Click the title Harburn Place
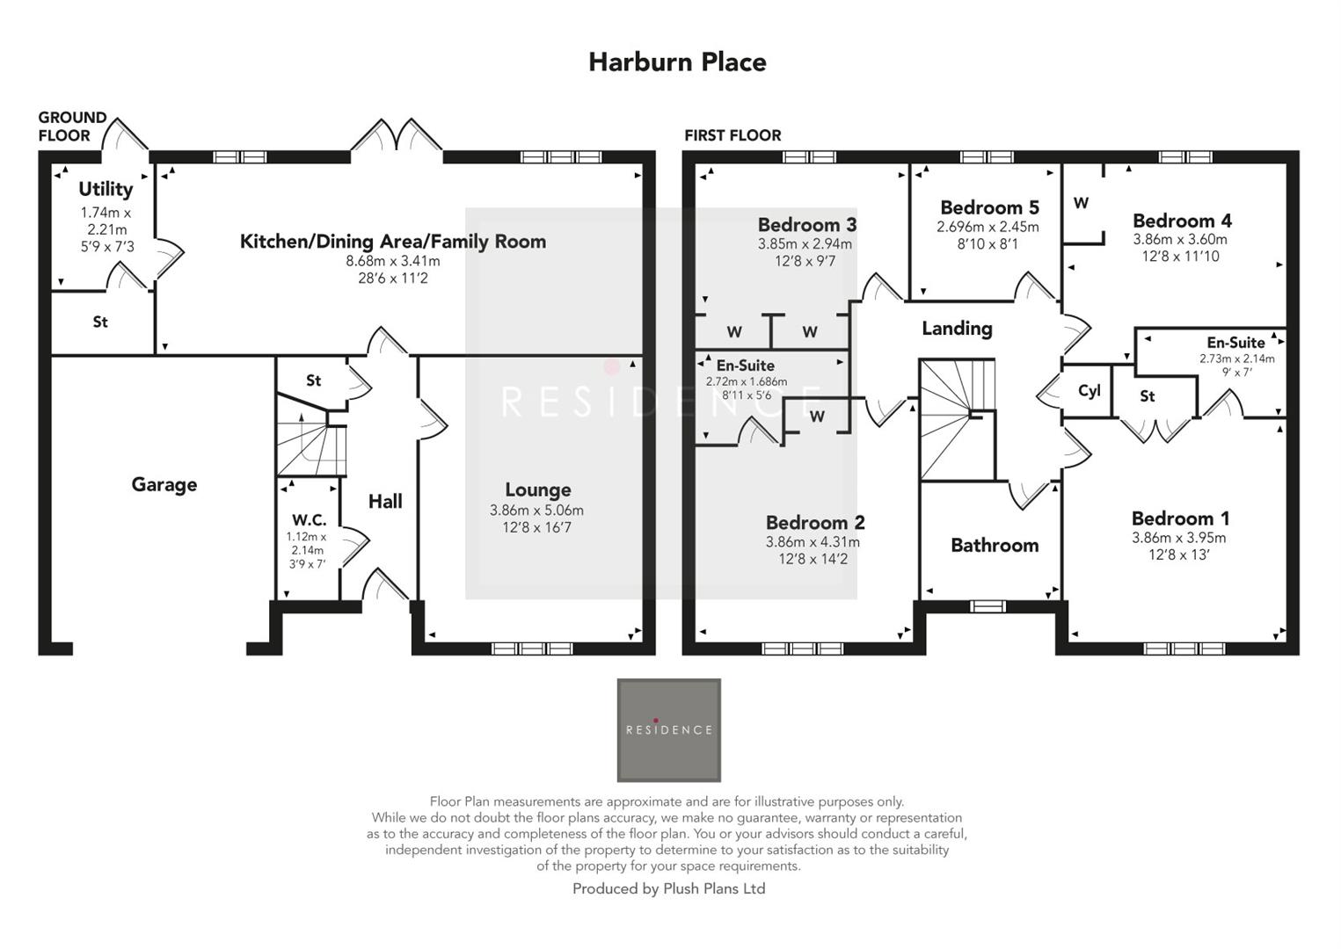pyautogui.click(x=677, y=62)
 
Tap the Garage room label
pyautogui.click(x=164, y=484)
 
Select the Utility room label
pyautogui.click(x=106, y=189)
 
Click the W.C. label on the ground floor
pyautogui.click(x=309, y=520)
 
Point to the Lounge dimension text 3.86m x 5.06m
pyautogui.click(x=536, y=511)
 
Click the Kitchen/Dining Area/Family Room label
pyautogui.click(x=393, y=242)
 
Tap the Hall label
pyautogui.click(x=385, y=501)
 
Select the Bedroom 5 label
pyautogui.click(x=989, y=207)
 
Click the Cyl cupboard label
pyautogui.click(x=1089, y=391)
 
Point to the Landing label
pyautogui.click(x=957, y=329)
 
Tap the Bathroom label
pyautogui.click(x=995, y=545)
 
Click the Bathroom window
pyautogui.click(x=988, y=605)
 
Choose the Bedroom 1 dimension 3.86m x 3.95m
pyautogui.click(x=1178, y=538)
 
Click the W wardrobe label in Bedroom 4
pyautogui.click(x=1081, y=203)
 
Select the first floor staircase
pyautogui.click(x=957, y=418)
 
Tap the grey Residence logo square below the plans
pyautogui.click(x=668, y=729)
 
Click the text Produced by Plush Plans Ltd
pyautogui.click(x=668, y=888)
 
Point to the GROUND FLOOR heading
pyautogui.click(x=71, y=127)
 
